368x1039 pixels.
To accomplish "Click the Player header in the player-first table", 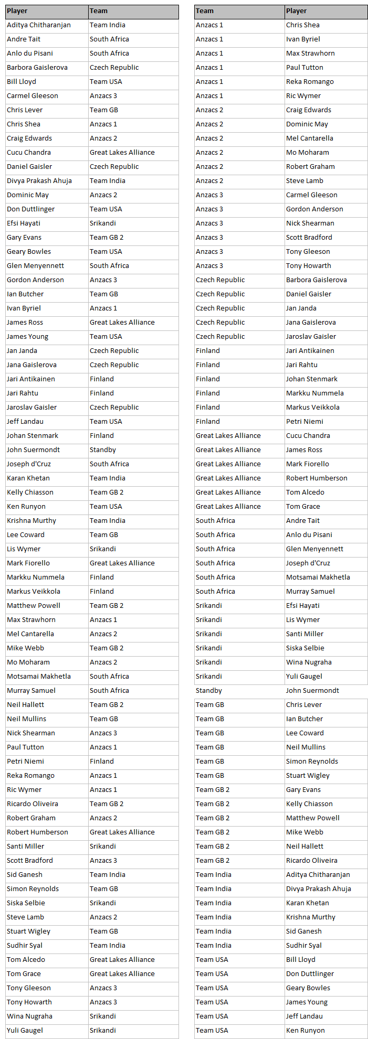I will [17, 11].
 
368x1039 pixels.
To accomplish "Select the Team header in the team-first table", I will [205, 11].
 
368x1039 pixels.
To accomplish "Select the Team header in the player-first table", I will [99, 11].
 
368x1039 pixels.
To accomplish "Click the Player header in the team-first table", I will [297, 11].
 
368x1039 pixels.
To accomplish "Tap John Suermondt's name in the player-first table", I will [33, 450].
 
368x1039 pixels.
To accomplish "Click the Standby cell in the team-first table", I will [209, 691].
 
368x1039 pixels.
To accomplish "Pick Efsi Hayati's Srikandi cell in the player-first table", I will [103, 223].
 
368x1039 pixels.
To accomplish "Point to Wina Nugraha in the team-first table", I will [309, 662].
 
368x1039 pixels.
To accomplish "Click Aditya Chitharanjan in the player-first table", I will [39, 25].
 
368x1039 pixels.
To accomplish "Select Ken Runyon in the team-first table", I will [306, 1031].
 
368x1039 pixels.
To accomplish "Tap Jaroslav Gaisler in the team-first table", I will [311, 337].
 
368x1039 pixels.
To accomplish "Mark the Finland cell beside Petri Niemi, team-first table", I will [208, 422].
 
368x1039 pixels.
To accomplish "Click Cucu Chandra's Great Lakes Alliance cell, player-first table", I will [122, 153].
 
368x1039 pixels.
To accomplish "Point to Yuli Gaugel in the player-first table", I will [25, 1031].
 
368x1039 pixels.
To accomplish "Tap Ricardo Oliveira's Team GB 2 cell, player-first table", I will [107, 804].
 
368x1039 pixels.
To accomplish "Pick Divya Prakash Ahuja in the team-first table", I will [319, 889].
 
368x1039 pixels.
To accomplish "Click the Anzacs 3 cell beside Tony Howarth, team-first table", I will [209, 266].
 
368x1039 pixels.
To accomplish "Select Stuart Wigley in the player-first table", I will [29, 931].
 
